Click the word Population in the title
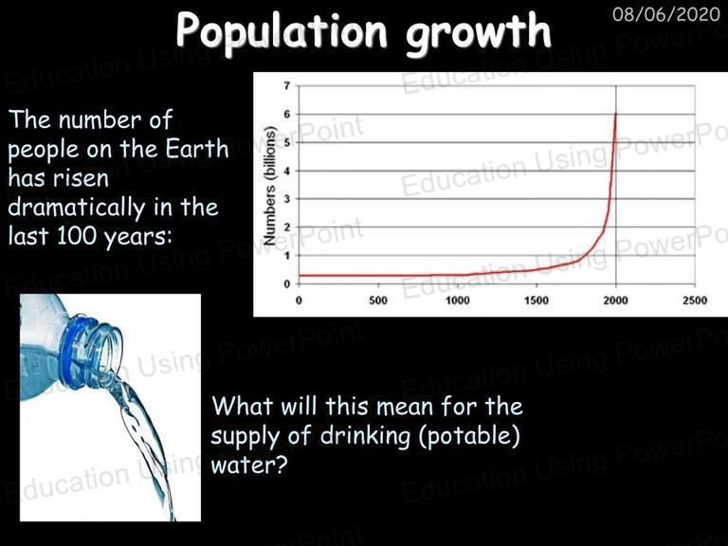[282, 30]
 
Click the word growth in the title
[478, 33]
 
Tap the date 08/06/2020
[666, 14]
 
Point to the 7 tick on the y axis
[287, 86]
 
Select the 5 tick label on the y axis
[287, 142]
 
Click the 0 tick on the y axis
[287, 283]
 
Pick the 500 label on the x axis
[378, 300]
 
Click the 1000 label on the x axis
[457, 300]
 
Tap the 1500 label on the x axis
[537, 300]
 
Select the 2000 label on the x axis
[615, 300]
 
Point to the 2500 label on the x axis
[695, 300]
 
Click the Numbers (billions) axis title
[270, 185]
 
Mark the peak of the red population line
[616, 113]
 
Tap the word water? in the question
[249, 464]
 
